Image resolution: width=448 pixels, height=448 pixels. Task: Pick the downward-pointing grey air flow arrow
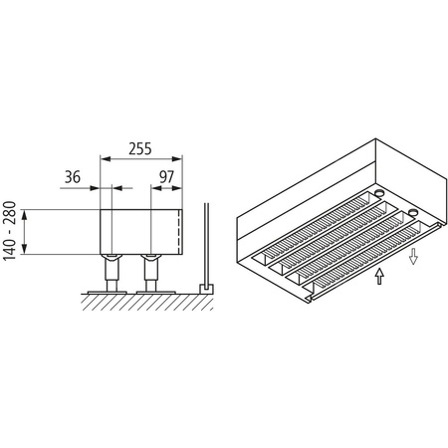point(411,257)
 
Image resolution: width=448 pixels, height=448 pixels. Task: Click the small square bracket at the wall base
point(205,287)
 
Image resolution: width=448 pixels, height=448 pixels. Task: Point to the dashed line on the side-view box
point(178,231)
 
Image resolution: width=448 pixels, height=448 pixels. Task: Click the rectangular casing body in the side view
point(139,231)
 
